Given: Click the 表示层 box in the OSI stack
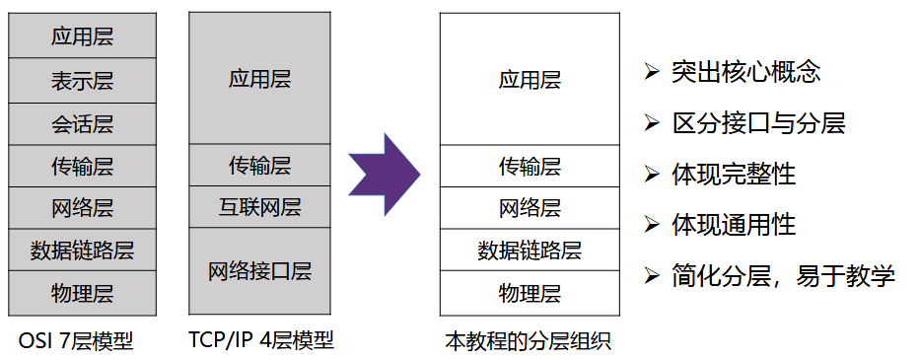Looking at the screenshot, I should [82, 81].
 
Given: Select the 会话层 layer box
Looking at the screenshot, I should [82, 123].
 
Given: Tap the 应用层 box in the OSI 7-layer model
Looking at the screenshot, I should [82, 37].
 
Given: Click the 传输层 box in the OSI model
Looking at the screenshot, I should [82, 166].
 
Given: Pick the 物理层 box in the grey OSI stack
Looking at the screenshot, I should [82, 293].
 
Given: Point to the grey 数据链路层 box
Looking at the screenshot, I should [82, 250].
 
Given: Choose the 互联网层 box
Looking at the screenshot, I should [260, 207].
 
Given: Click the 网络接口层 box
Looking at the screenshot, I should [260, 271].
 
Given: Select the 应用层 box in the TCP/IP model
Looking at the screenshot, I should [260, 79].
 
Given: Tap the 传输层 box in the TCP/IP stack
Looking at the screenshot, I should [260, 165].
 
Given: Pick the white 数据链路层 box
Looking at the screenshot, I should [530, 250].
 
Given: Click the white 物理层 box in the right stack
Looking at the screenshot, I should [530, 293].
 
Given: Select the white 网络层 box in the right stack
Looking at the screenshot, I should [530, 207].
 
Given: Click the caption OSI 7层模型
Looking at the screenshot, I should [76, 341].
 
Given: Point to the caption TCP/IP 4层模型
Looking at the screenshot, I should [261, 341].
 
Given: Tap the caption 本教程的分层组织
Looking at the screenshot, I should [529, 342].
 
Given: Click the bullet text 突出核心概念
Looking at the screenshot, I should [746, 72].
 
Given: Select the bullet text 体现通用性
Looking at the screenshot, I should [734, 225].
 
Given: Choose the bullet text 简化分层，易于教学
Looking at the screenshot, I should [783, 276].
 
